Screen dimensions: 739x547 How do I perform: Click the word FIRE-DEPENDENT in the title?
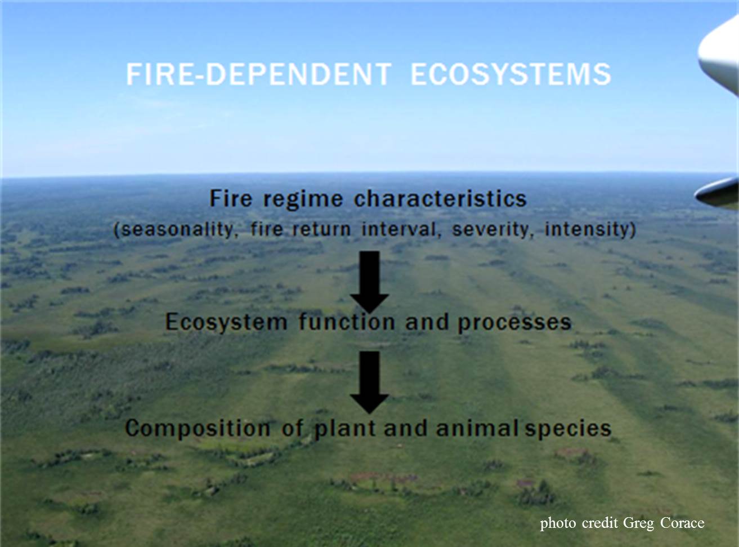(259, 74)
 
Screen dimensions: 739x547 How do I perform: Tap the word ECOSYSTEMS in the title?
(511, 74)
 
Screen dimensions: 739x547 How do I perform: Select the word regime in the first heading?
(303, 199)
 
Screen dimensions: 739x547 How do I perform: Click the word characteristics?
(440, 199)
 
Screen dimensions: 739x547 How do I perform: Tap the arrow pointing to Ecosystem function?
(369, 282)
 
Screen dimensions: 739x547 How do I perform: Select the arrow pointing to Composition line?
(369, 383)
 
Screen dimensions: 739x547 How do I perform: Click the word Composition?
(197, 429)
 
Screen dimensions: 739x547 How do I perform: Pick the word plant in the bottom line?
(346, 429)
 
